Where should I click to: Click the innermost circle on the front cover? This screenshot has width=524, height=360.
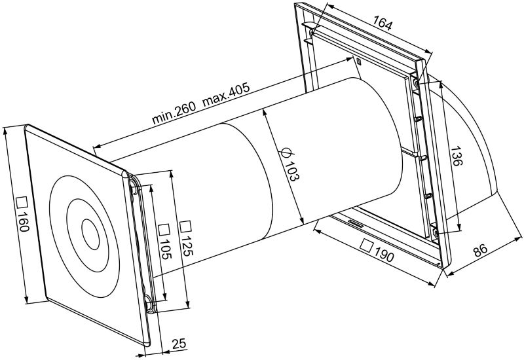[x=88, y=232]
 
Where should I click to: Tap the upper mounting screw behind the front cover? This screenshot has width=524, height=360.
[x=135, y=189]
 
